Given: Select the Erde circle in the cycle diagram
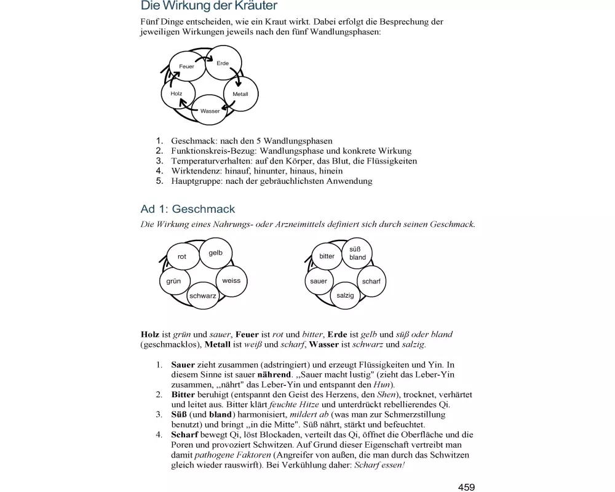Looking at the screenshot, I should click(223, 63).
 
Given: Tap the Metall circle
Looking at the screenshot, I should click(240, 94).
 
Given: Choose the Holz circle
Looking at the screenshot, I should click(177, 93).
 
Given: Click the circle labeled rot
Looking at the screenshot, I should click(182, 256).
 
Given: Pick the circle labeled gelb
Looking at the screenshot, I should click(215, 253).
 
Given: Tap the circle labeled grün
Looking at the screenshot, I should click(174, 281).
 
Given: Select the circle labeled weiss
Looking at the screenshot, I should click(231, 281).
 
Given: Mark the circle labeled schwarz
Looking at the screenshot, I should click(203, 296).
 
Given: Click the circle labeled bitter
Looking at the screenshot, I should click(327, 256).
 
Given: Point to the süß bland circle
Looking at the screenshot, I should click(357, 253).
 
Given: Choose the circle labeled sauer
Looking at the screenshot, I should click(319, 281).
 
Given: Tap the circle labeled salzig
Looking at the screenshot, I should click(346, 296).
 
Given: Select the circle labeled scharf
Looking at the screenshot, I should click(371, 281).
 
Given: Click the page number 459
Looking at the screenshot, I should click(466, 487).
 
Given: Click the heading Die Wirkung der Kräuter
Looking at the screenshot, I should click(209, 6).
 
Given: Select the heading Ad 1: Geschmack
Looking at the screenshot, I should click(188, 209).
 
